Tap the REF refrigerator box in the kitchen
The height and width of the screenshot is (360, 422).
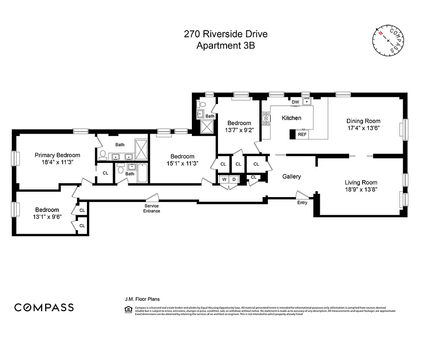coord(302,134)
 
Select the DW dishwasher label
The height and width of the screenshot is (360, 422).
coord(295,102)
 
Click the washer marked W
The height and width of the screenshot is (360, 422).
coord(224,180)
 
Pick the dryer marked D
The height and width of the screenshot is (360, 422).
coord(234,180)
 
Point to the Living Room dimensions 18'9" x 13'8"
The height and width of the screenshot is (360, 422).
coord(361,190)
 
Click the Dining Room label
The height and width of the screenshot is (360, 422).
coord(363,121)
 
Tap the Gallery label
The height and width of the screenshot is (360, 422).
coord(291,176)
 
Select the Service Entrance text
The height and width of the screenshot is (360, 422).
coord(152,208)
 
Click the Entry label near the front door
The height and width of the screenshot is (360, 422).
coord(302,202)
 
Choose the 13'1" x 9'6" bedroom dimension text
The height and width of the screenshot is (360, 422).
coord(47,216)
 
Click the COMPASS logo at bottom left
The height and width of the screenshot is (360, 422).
coord(44,307)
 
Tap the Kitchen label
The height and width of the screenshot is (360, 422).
coord(291,118)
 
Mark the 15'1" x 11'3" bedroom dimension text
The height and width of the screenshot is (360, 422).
coord(182,163)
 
